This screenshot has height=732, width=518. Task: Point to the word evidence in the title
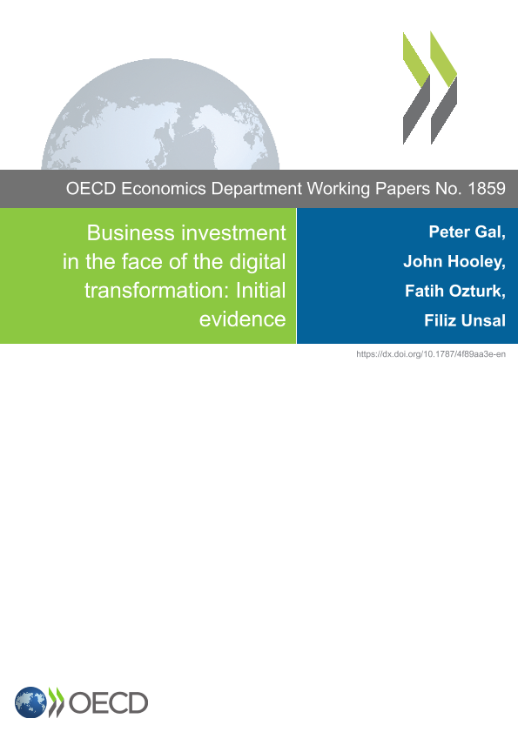pos(242,319)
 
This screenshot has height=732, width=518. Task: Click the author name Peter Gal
pos(468,232)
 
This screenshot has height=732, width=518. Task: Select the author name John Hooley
pos(454,261)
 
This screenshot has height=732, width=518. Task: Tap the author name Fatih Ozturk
pos(455,291)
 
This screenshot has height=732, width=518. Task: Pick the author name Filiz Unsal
pos(465,320)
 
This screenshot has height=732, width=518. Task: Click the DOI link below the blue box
pos(431,354)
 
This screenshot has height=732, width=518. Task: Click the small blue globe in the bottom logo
pos(30,702)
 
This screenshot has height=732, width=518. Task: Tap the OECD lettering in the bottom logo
pos(108,703)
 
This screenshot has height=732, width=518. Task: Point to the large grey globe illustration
pos(160,114)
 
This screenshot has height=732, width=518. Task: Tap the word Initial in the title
pos(260,291)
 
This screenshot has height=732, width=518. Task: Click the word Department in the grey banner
pos(257,189)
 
